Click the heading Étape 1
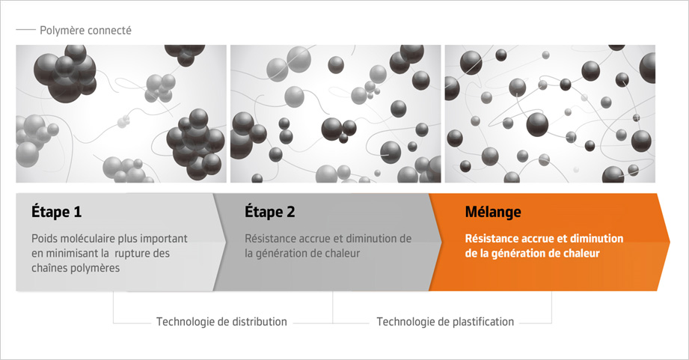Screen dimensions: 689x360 [x=56, y=212]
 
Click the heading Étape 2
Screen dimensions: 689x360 [x=270, y=212]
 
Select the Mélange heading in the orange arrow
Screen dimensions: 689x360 [x=493, y=213]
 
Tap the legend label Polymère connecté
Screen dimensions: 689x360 [x=86, y=31]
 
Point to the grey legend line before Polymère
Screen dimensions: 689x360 [x=25, y=30]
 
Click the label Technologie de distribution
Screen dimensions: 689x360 [x=221, y=322]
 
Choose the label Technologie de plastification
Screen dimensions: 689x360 [x=445, y=322]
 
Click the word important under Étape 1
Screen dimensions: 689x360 [x=164, y=239]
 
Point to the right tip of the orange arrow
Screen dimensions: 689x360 [x=670, y=241]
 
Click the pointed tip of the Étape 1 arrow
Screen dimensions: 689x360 [x=226, y=241]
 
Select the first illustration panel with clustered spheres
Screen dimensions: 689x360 [x=121, y=114]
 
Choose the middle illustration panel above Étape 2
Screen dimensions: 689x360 [x=336, y=114]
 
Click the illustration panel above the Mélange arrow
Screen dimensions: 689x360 [x=550, y=114]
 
